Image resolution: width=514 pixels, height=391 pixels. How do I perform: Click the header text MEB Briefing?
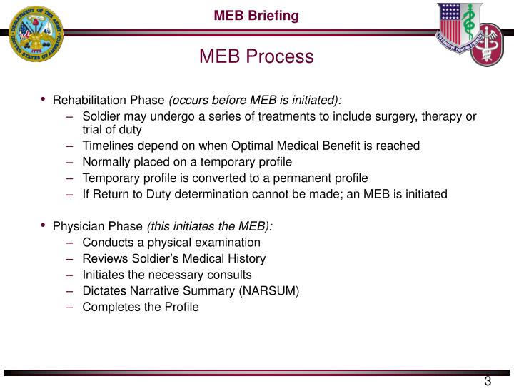(257, 15)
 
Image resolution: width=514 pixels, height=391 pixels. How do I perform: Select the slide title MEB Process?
(256, 56)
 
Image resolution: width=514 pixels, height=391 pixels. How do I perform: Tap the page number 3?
(488, 380)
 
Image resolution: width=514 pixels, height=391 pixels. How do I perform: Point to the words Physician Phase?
(98, 226)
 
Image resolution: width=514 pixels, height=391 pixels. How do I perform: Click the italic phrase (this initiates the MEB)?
(209, 226)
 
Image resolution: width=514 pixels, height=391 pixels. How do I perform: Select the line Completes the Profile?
(141, 307)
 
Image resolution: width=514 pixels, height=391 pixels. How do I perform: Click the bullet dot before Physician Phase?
(44, 225)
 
